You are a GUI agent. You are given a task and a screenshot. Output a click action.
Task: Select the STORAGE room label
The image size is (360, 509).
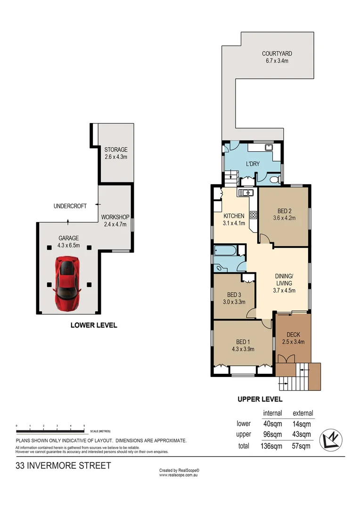116,150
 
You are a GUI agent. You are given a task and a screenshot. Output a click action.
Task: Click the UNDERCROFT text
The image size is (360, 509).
70,206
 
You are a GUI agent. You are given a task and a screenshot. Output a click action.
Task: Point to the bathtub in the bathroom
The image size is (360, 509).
225,251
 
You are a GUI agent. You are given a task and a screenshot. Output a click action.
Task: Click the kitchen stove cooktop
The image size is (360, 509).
253,215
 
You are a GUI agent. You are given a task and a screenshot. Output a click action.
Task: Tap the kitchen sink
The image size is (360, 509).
246,192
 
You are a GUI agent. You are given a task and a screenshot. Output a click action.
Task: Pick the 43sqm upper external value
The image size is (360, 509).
302,435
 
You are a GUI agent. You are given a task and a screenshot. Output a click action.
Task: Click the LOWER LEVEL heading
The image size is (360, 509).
94,325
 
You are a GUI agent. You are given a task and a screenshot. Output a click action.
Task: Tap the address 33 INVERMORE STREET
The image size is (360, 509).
63,466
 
